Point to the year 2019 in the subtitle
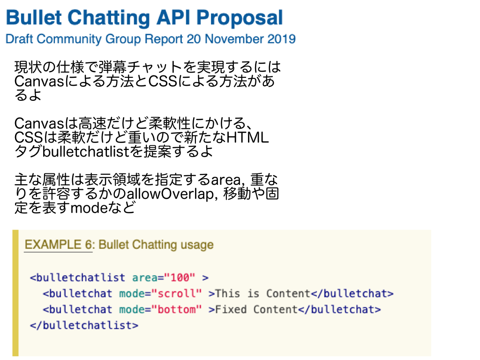tap(281, 39)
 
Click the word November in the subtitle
tap(233, 39)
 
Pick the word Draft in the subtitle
tap(19, 39)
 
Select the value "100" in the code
tap(180, 277)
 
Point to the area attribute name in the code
tap(145, 277)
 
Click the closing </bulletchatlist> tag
tap(84, 325)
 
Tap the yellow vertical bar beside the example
tap(15, 292)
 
